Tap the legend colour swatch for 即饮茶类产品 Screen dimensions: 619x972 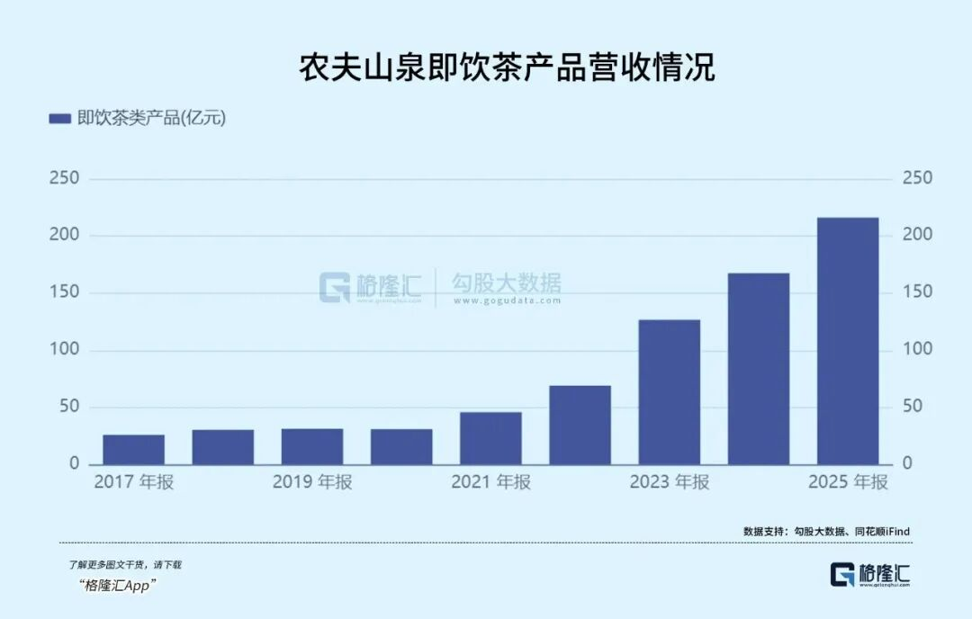[59, 119]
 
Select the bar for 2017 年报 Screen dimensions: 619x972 [133, 450]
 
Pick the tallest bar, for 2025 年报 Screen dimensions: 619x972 [848, 341]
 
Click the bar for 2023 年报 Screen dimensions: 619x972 [669, 392]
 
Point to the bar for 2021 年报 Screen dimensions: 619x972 [490, 438]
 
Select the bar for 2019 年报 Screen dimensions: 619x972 [312, 446]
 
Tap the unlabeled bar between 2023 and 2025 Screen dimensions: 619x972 [759, 369]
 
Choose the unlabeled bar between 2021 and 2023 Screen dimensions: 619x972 [580, 425]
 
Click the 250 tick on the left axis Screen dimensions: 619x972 [64, 178]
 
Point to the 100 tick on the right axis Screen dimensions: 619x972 [917, 350]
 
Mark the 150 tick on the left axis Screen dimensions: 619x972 [64, 292]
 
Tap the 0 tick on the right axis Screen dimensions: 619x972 [907, 463]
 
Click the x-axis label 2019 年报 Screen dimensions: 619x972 [312, 482]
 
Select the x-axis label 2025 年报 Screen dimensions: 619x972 [848, 482]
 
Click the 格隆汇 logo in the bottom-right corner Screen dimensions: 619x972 [870, 574]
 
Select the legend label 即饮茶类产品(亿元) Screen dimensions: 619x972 [151, 119]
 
